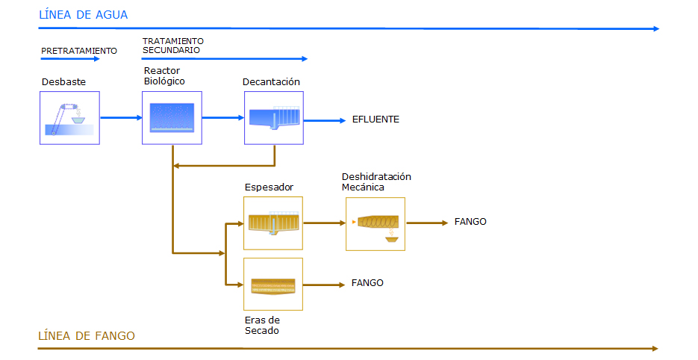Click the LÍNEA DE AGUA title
(84, 15)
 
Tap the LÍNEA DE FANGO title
(87, 335)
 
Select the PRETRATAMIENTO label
(79, 51)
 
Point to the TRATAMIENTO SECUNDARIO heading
(172, 46)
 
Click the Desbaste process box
(69, 118)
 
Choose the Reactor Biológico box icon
(172, 118)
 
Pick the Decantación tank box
(274, 118)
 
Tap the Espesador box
(273, 223)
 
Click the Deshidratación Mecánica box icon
(376, 224)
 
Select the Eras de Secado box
(273, 285)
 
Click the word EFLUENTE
(376, 120)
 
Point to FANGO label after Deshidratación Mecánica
(470, 221)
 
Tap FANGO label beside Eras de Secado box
(367, 283)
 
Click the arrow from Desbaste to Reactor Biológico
(121, 117)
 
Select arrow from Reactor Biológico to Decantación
(223, 117)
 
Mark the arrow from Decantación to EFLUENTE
(325, 120)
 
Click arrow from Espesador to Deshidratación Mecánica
(325, 223)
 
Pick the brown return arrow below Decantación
(224, 166)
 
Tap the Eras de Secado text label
(262, 325)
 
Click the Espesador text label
(269, 187)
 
